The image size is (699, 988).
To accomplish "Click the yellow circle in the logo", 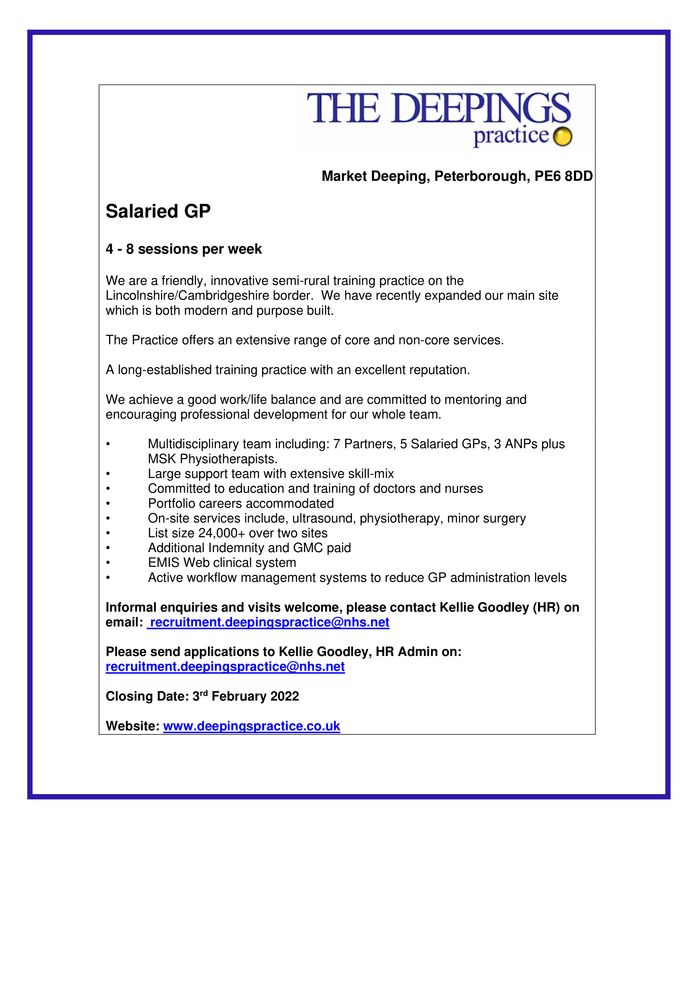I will (562, 137).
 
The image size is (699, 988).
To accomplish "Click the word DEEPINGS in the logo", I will (481, 109).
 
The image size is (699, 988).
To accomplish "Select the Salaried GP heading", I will (158, 211).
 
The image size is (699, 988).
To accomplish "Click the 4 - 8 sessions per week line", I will (184, 249).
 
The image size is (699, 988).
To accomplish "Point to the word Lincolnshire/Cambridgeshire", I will (209, 296).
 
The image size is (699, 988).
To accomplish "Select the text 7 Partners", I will (364, 444).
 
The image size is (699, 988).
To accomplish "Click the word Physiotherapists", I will (228, 459).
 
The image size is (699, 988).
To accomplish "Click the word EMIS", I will (164, 563).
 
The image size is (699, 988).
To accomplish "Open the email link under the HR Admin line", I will (225, 667).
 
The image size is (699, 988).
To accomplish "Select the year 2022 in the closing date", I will (284, 697).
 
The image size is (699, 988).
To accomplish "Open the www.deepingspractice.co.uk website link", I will (251, 727).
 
